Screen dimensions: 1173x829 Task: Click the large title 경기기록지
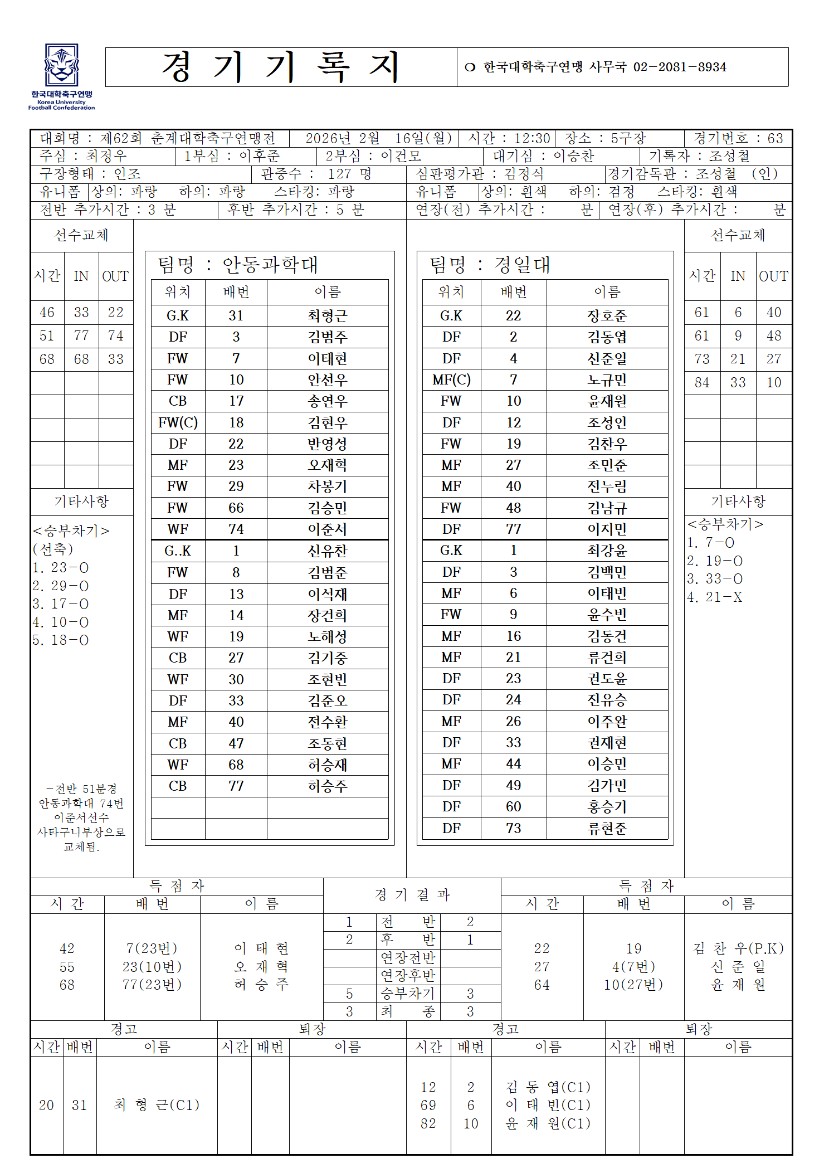[281, 67]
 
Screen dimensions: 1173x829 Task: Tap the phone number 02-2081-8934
[679, 67]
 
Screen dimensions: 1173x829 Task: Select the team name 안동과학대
[270, 265]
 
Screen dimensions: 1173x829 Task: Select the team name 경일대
[522, 265]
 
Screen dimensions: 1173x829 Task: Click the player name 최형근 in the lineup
[328, 316]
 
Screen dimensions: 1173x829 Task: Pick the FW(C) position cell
[178, 422]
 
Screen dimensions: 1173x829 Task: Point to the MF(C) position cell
[451, 380]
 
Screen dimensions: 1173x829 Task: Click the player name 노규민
[607, 380]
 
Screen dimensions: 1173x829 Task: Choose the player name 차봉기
[328, 486]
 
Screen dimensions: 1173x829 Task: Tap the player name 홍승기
[607, 807]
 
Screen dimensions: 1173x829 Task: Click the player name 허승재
[328, 765]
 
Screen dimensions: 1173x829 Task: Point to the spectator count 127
[340, 174]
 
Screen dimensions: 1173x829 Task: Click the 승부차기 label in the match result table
[407, 994]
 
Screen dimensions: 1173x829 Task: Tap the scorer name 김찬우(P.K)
[738, 948]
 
